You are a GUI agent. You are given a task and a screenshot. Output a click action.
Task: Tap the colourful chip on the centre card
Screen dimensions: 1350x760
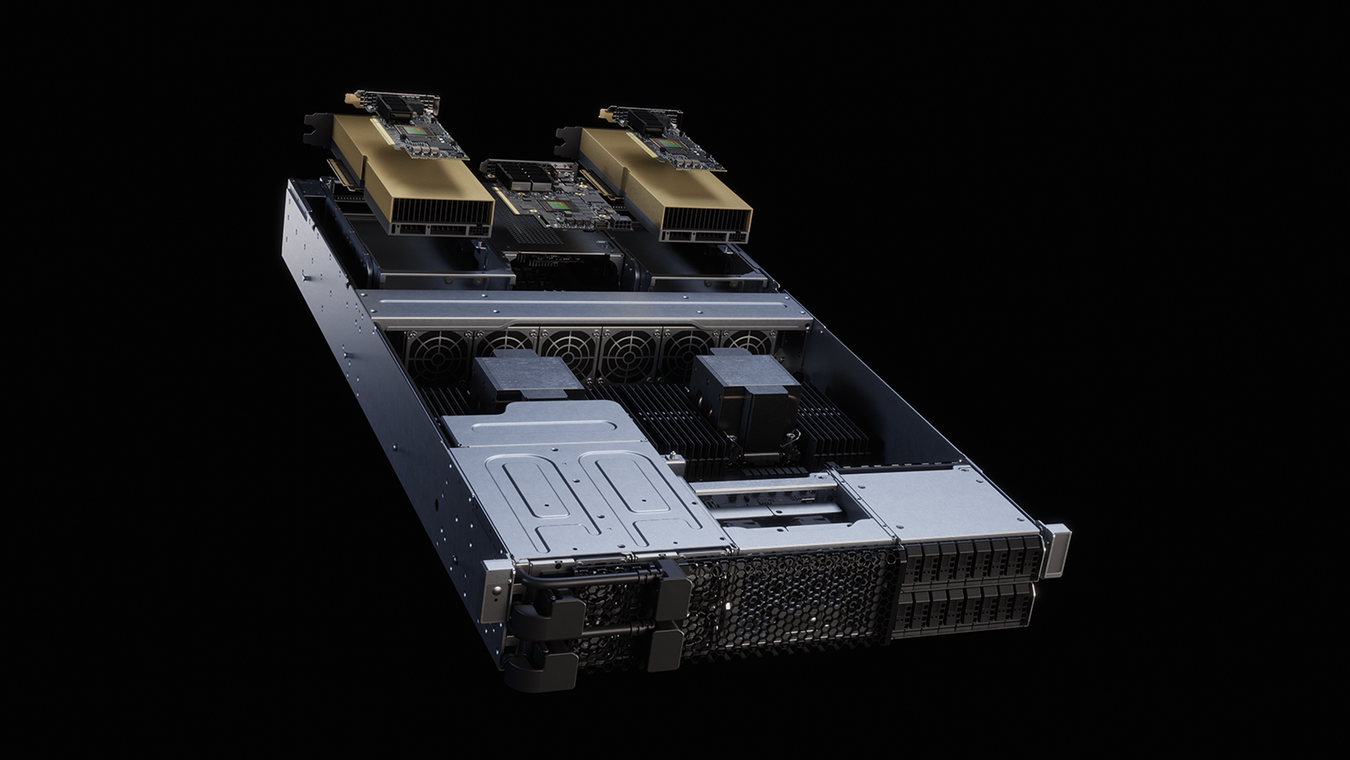tap(560, 205)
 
